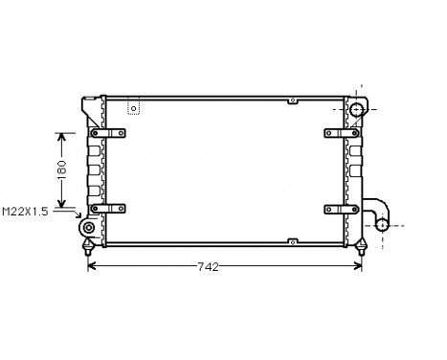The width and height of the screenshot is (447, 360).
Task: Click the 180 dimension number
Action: click(x=60, y=169)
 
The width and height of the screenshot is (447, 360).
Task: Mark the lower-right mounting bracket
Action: click(x=340, y=207)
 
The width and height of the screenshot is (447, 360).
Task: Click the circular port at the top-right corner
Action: click(x=357, y=110)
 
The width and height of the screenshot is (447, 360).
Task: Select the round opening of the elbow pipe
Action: click(x=382, y=226)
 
